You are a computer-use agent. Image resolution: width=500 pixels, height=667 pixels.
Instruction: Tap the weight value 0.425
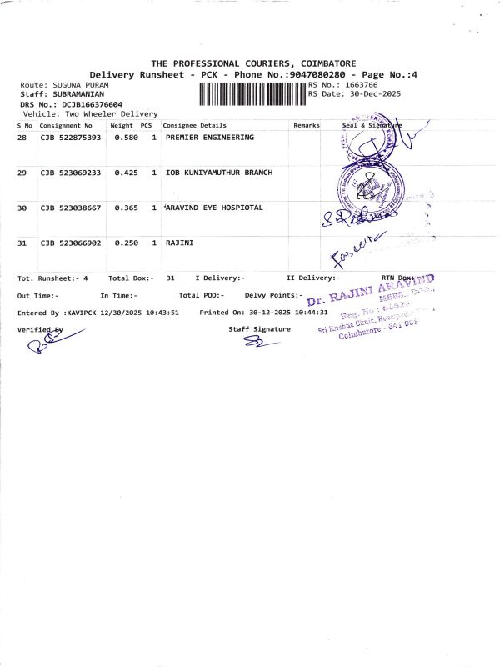126,172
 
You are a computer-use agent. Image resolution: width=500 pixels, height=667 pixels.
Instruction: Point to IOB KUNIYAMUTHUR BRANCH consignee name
219,172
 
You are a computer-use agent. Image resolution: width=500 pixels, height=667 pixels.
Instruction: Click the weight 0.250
126,243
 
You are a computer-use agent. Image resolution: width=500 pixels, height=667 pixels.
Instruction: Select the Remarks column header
307,125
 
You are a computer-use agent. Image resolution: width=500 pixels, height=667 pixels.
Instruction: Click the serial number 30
22,208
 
